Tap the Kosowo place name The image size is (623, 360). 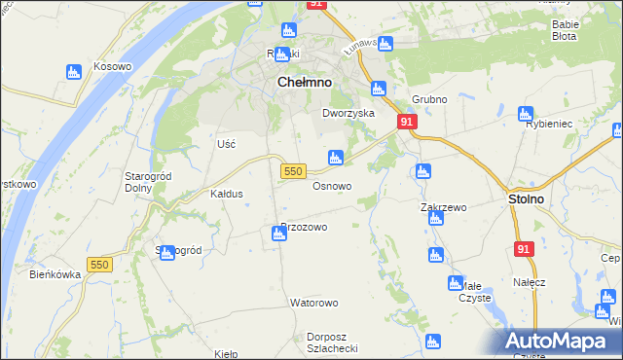(x=112, y=66)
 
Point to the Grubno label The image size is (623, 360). (x=428, y=99)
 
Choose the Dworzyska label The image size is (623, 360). (x=348, y=113)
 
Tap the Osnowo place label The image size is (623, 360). (x=332, y=185)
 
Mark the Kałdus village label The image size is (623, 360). (x=226, y=194)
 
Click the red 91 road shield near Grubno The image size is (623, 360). (x=407, y=122)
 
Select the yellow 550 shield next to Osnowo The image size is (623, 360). (x=294, y=170)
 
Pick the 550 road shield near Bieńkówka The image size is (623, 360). (x=99, y=265)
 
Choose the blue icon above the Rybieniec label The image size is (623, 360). (x=527, y=113)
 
